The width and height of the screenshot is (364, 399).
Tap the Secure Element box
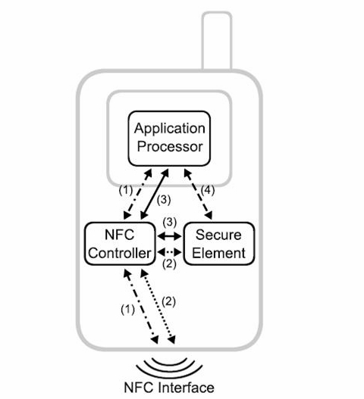pyautogui.click(x=218, y=242)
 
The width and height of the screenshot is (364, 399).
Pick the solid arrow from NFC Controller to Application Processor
pyautogui.click(x=159, y=195)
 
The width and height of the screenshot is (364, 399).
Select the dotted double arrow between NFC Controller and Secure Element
pyautogui.click(x=170, y=251)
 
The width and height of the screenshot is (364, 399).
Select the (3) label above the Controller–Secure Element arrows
pyautogui.click(x=169, y=223)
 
